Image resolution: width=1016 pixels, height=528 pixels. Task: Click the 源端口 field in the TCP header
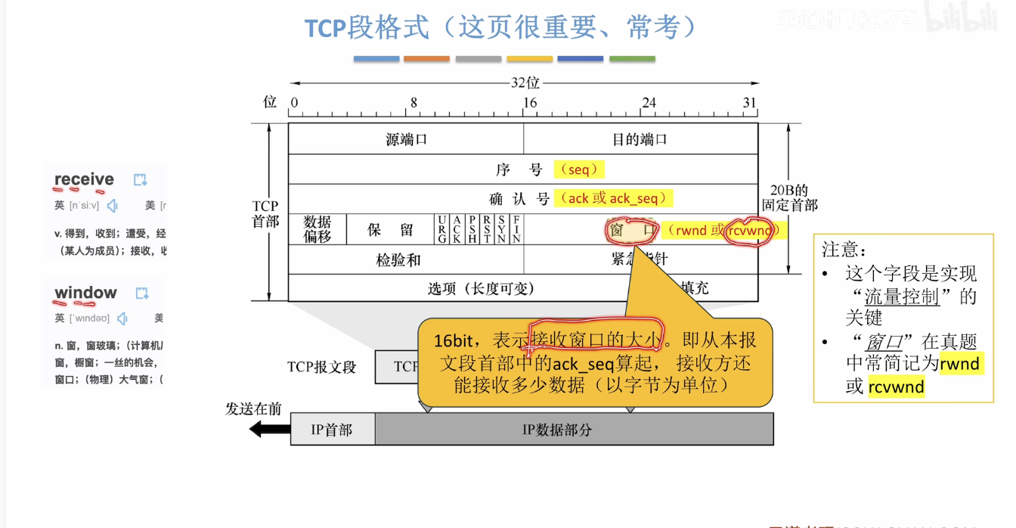406,139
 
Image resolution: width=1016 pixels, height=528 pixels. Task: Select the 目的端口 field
640,139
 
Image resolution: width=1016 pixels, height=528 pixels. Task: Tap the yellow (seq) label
579,170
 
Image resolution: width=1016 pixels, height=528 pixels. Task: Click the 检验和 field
398,260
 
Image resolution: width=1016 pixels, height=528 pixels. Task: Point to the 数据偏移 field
317,229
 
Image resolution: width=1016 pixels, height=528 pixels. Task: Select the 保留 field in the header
390,230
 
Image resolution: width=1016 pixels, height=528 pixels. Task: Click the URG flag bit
441,229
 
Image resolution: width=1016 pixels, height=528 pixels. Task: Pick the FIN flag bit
516,229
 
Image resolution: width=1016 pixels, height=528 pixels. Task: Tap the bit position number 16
530,103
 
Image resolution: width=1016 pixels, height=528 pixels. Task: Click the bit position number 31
749,103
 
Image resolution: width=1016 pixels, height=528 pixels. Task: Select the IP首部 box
332,430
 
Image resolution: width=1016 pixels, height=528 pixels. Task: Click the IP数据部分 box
574,430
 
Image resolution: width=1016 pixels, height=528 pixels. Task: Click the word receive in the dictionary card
84,179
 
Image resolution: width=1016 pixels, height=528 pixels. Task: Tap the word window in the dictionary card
85,293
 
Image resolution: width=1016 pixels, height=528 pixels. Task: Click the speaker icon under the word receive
113,205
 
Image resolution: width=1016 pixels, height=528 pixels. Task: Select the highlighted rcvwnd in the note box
896,387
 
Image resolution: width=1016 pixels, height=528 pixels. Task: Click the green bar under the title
632,59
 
